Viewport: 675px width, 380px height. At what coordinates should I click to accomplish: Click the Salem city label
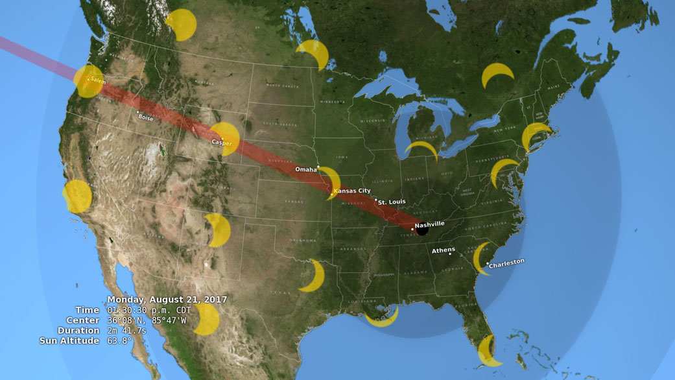point(97,80)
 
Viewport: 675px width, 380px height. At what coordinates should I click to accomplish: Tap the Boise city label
point(146,117)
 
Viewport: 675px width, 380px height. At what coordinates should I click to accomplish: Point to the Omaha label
point(305,169)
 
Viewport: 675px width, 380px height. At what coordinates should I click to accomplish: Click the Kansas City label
point(351,191)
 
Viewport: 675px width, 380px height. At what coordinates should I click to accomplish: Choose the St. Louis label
point(392,202)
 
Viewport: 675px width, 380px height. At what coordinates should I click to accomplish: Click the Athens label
point(444,250)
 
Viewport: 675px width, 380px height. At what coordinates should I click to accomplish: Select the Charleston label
point(506,262)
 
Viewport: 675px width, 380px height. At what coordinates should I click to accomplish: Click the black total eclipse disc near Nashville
point(422,230)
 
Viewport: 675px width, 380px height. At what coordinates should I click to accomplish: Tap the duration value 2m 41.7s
point(127,331)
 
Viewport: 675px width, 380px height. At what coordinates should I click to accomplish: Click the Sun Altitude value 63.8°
point(119,341)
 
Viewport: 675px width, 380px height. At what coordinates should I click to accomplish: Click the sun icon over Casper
point(226,138)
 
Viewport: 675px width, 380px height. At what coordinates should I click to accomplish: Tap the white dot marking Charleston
point(488,263)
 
